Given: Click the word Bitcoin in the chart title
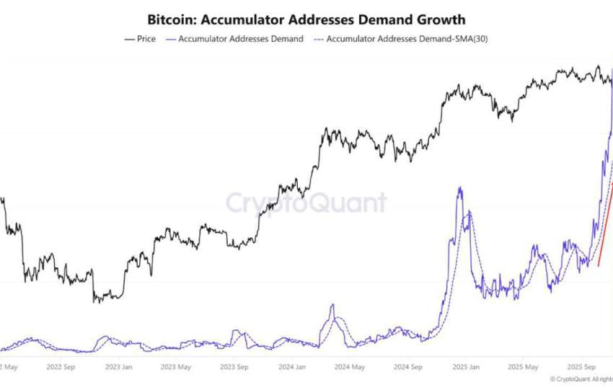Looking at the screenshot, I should click(170, 19).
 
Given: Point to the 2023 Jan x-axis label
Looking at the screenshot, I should click(118, 366).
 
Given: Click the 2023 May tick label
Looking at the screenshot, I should click(175, 366).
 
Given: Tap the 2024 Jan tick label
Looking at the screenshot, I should click(291, 366).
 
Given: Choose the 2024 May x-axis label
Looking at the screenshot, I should click(349, 366).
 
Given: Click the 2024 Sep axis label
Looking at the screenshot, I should click(407, 366).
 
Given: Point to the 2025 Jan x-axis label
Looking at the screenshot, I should click(465, 366).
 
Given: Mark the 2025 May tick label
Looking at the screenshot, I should click(523, 366).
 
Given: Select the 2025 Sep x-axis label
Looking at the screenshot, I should click(581, 366).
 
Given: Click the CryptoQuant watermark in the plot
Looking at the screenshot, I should click(306, 203).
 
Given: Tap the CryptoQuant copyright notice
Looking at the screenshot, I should click(581, 379).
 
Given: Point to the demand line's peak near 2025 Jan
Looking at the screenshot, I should click(459, 188).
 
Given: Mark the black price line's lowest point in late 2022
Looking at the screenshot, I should click(96, 301).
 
